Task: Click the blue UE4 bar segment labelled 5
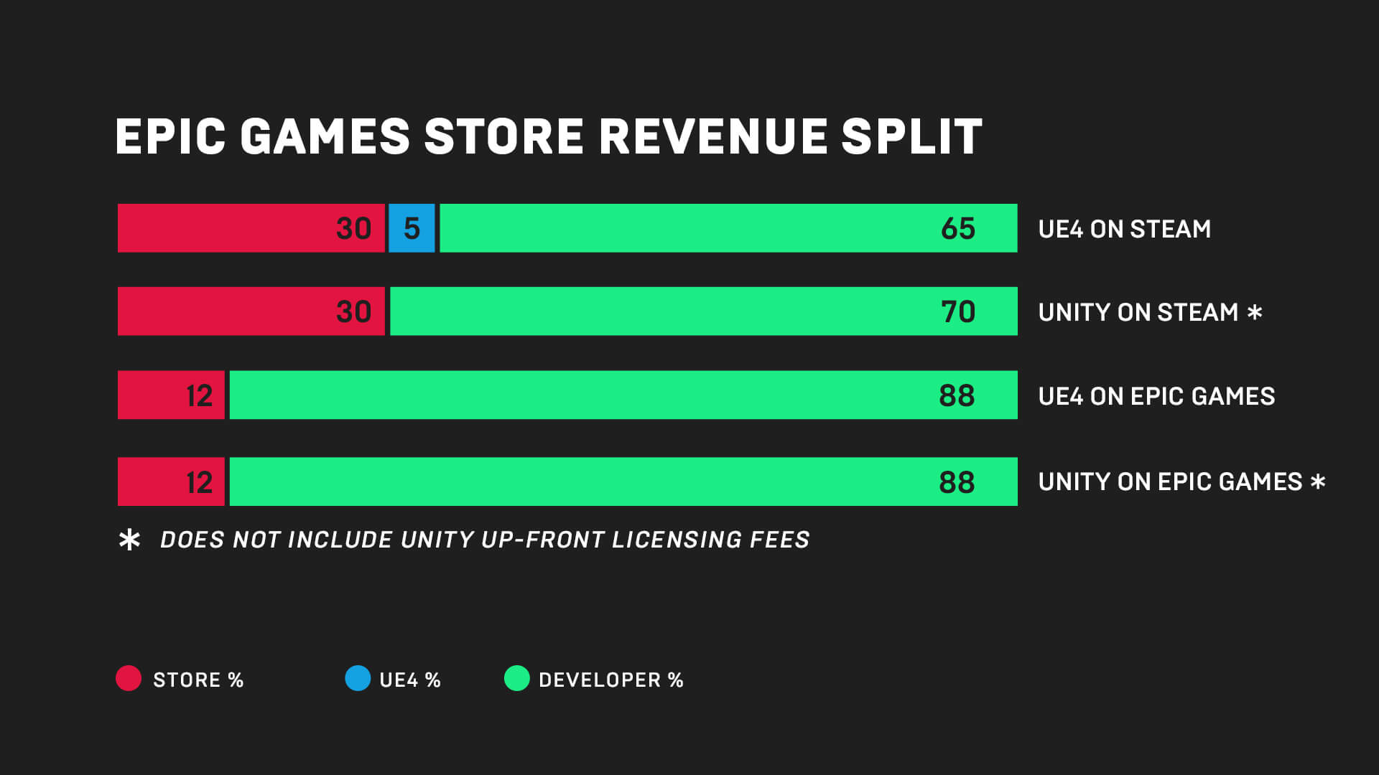(412, 228)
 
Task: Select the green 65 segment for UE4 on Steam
(728, 228)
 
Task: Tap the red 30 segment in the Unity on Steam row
(251, 311)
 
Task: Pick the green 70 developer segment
(703, 311)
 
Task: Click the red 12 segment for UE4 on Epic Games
(171, 395)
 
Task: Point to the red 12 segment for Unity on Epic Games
(171, 482)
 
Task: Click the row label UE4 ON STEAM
(1124, 229)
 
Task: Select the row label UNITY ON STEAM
(1138, 312)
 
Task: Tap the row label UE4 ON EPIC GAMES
(1156, 396)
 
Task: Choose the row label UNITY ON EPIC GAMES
(1170, 482)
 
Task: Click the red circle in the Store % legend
(129, 678)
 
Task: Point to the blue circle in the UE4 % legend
(358, 678)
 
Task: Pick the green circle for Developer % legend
(516, 678)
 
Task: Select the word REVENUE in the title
(713, 136)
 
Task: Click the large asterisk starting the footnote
(129, 540)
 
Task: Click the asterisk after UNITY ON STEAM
(1255, 312)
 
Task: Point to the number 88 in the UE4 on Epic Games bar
(957, 395)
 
